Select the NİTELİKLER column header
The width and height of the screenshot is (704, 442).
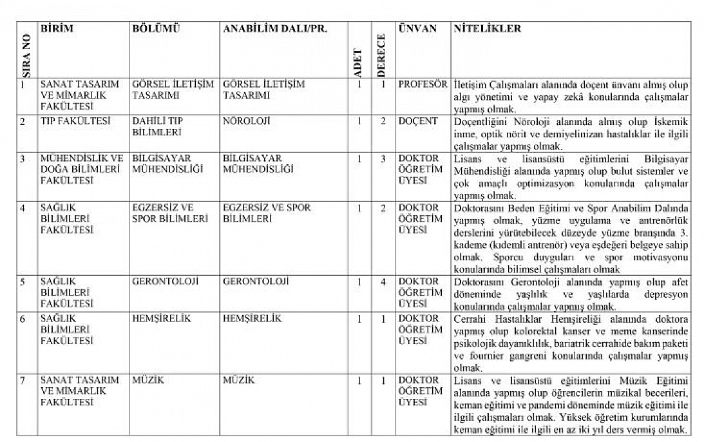click(487, 29)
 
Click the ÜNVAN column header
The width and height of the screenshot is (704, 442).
click(417, 29)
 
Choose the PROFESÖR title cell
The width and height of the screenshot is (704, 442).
click(423, 84)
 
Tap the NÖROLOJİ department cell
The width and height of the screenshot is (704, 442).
click(246, 121)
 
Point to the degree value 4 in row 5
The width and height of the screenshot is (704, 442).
click(383, 282)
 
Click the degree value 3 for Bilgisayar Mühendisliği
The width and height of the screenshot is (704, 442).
click(383, 158)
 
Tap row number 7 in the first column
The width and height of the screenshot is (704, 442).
click(23, 380)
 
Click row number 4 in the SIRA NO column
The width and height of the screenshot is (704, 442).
click(23, 208)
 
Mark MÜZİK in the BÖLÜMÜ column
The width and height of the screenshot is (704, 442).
click(148, 380)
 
